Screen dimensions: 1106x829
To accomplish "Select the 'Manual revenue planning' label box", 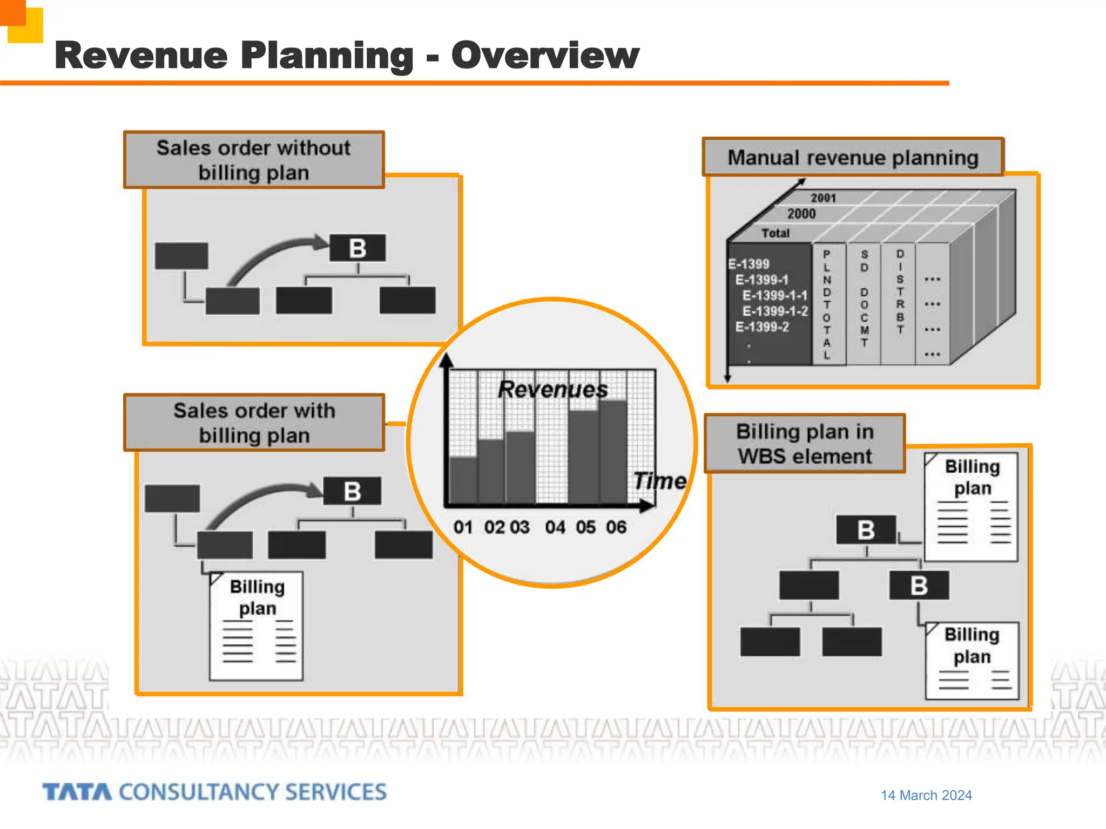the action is tap(853, 158).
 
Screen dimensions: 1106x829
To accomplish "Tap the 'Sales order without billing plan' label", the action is tap(254, 160).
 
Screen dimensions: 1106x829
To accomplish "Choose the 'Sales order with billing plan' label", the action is tap(254, 423).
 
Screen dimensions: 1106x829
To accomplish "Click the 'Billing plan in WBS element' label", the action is tap(805, 444).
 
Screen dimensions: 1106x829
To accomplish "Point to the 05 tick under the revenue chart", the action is tap(585, 527).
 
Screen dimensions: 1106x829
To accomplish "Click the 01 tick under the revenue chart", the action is tap(463, 527).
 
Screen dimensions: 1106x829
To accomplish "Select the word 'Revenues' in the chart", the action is tap(552, 389).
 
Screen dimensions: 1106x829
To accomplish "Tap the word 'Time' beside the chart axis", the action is tap(659, 480).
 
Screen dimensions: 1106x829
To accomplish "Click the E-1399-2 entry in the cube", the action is tap(762, 327).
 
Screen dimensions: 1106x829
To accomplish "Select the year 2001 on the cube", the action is tap(823, 198).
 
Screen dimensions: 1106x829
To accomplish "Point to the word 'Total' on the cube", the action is tap(775, 233).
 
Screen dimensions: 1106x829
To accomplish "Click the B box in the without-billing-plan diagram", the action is tap(358, 248).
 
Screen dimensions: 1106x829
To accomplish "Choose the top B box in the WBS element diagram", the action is tap(866, 530).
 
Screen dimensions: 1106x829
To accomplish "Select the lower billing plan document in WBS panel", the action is tap(972, 660).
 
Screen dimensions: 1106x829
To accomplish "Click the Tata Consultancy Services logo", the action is tap(214, 792).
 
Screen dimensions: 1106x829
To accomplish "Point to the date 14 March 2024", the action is tap(926, 795).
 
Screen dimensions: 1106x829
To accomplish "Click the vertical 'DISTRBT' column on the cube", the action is tap(900, 291).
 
